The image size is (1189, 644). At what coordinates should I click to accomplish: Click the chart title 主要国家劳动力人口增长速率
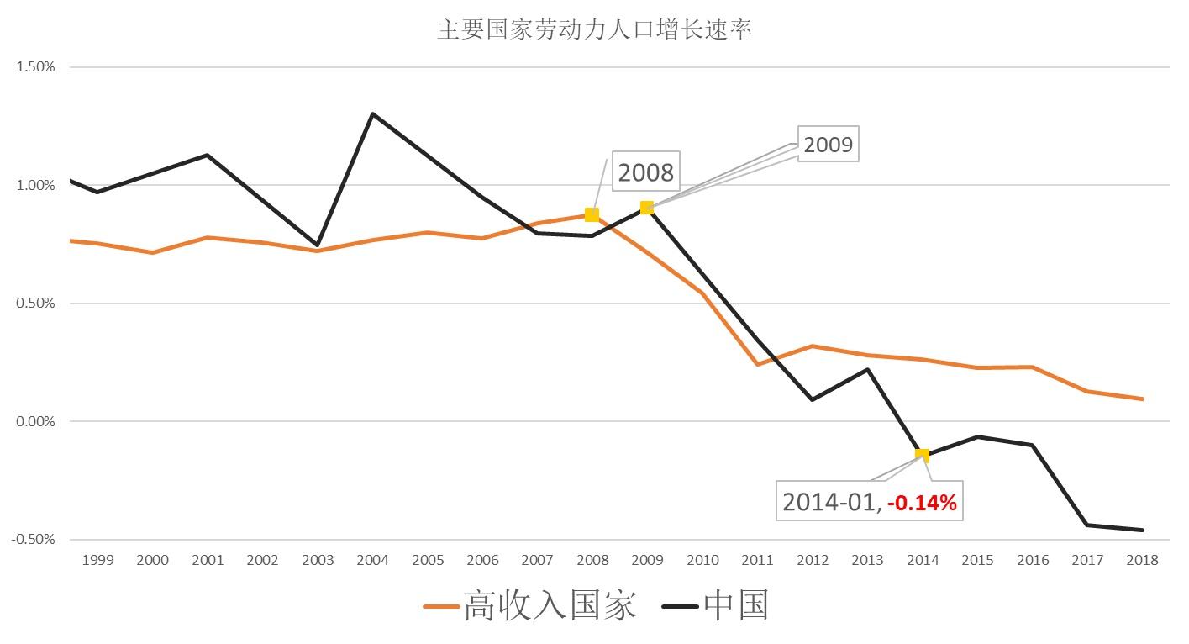point(594,29)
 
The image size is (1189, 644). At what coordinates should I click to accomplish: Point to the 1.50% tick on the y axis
point(35,67)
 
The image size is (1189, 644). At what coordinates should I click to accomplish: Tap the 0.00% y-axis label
point(35,421)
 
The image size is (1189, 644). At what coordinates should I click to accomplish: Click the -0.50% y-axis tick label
point(34,539)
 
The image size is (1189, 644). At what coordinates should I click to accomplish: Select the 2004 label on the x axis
point(372,560)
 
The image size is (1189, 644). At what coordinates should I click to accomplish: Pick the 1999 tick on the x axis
point(97,560)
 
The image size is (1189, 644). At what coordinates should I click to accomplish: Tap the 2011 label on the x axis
point(757,560)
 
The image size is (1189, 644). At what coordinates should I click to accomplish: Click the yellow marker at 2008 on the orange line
point(592,214)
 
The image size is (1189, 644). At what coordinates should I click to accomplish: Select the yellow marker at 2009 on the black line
point(647,208)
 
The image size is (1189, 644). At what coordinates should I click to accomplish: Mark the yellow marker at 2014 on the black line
point(922,455)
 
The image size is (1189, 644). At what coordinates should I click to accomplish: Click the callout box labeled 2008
point(645,172)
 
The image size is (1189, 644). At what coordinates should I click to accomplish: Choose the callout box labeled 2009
point(828,145)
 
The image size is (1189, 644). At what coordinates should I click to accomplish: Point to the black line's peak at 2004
point(372,113)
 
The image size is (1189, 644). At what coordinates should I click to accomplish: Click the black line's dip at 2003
point(318,245)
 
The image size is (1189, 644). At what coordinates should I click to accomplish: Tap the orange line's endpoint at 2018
point(1143,399)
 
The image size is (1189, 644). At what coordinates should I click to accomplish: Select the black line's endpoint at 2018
point(1143,530)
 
